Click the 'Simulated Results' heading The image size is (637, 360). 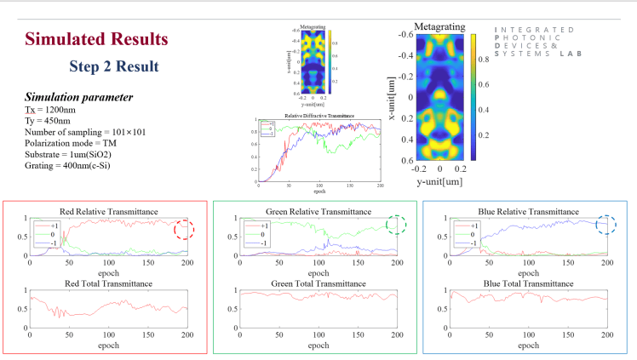[x=96, y=39]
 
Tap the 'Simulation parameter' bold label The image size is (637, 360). [x=78, y=97]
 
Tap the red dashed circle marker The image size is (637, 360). [x=185, y=230]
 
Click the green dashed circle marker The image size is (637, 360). [x=396, y=225]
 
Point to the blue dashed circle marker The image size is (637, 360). [x=606, y=225]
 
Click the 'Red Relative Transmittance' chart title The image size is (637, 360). [x=107, y=210]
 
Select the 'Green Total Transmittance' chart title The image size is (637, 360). [x=318, y=283]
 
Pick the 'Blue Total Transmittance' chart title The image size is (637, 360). [x=528, y=283]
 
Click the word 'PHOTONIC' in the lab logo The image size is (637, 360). [x=527, y=37]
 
